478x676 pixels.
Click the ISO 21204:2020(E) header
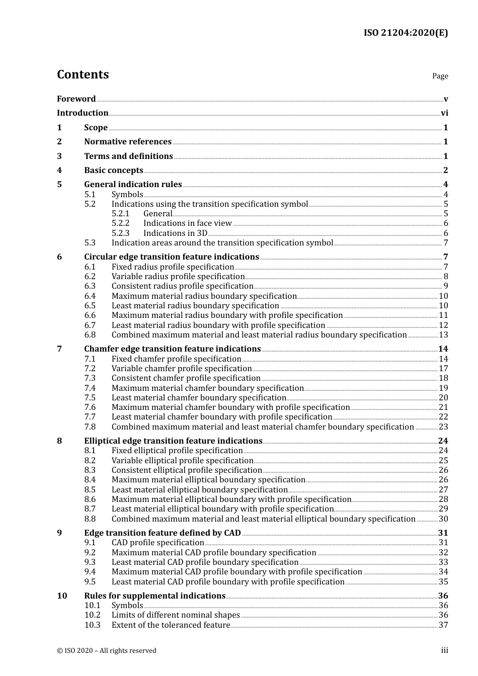406,33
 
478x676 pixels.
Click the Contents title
83,74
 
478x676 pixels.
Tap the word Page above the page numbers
440,76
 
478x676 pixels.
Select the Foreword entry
76,99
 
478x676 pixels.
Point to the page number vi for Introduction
444,113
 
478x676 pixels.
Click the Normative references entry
128,142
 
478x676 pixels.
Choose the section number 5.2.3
120,233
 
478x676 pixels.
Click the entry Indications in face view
187,223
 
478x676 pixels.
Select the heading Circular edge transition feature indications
171,257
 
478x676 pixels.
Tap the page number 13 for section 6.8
443,335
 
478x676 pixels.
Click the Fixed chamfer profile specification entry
176,359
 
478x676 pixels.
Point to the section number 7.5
90,398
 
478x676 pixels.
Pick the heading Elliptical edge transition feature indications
173,441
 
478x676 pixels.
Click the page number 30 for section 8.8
443,519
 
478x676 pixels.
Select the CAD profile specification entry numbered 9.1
157,543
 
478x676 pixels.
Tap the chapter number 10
62,596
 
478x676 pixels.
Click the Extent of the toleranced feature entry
171,625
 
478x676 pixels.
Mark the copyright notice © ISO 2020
106,651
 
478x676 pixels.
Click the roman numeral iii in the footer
444,650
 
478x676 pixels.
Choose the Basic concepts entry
113,171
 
